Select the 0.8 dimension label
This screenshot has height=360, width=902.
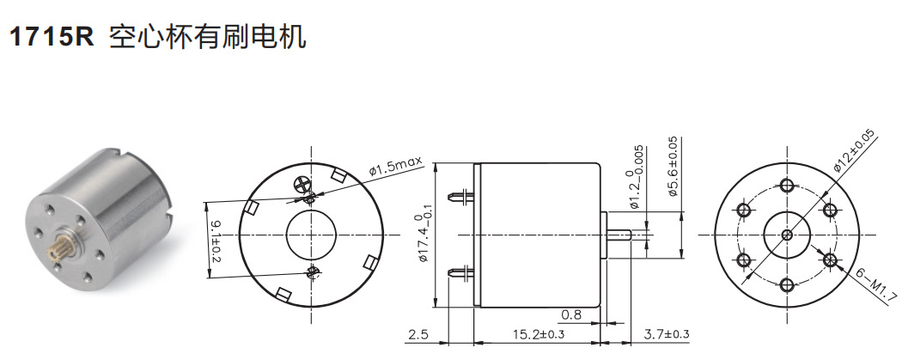(x=572, y=314)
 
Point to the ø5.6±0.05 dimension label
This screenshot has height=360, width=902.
(x=673, y=166)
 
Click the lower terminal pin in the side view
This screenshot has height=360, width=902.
(x=465, y=272)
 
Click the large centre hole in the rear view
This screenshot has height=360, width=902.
(x=311, y=234)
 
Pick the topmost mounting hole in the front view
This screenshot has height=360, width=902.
(x=787, y=186)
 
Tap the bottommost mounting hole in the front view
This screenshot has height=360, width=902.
(x=787, y=283)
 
